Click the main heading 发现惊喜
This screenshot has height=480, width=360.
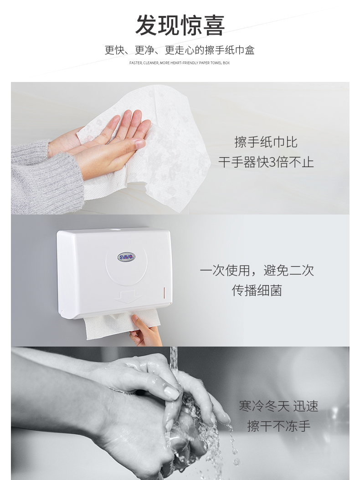pos(180,26)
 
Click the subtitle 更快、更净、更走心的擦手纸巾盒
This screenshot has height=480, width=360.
pos(180,50)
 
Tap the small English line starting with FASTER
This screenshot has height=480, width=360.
pos(180,63)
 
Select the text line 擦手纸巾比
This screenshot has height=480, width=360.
pos(266,142)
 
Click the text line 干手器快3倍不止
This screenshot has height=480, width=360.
pos(266,162)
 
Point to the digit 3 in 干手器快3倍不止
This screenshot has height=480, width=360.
pos(273,162)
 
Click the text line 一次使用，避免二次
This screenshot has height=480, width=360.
pos(257,271)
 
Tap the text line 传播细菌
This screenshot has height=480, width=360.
pos(257,290)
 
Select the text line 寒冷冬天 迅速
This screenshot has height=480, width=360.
pos(278,406)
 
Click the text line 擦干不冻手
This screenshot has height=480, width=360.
pos(278,426)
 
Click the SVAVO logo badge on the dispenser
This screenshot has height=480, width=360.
pos(126,257)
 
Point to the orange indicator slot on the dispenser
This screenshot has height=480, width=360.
pos(165,293)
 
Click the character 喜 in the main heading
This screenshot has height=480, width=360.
pos(214,26)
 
